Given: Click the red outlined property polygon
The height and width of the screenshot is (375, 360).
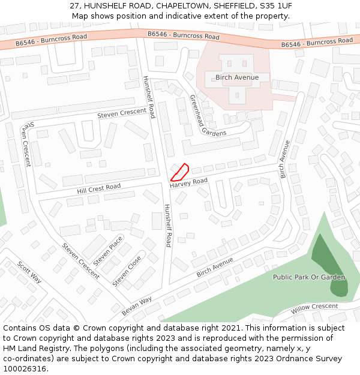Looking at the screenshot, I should click(181, 172).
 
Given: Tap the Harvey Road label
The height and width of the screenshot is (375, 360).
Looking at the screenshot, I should click(188, 182).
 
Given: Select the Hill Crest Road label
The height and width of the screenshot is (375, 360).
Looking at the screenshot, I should click(99, 188).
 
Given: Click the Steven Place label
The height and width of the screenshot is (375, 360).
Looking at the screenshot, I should click(108, 251).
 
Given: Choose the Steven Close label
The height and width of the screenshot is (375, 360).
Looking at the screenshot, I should click(127, 271).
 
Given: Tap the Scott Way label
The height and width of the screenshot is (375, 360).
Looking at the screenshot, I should click(29, 272).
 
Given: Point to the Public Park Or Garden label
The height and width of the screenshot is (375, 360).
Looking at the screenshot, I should click(309, 277).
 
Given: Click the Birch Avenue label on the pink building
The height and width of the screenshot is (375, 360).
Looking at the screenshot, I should click(237, 77).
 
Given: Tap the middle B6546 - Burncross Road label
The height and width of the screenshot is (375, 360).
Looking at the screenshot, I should click(184, 35).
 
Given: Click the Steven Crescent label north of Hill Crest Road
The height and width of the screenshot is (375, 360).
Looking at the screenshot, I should click(122, 113).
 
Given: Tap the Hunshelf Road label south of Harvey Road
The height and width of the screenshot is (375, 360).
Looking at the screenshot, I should click(169, 225).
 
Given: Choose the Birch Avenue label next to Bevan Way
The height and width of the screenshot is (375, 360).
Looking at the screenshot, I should click(215, 267).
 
